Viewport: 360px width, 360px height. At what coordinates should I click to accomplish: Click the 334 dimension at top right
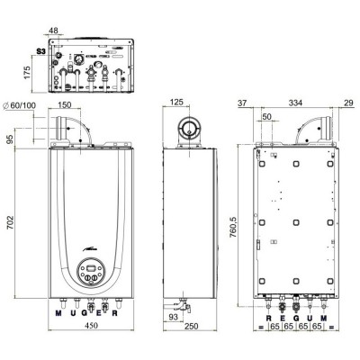(x=296, y=103)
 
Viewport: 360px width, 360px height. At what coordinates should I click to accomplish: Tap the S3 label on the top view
(x=38, y=52)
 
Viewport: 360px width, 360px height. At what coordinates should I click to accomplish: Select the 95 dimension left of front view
(x=11, y=139)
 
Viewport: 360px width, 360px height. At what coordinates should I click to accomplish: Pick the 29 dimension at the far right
(x=348, y=103)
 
